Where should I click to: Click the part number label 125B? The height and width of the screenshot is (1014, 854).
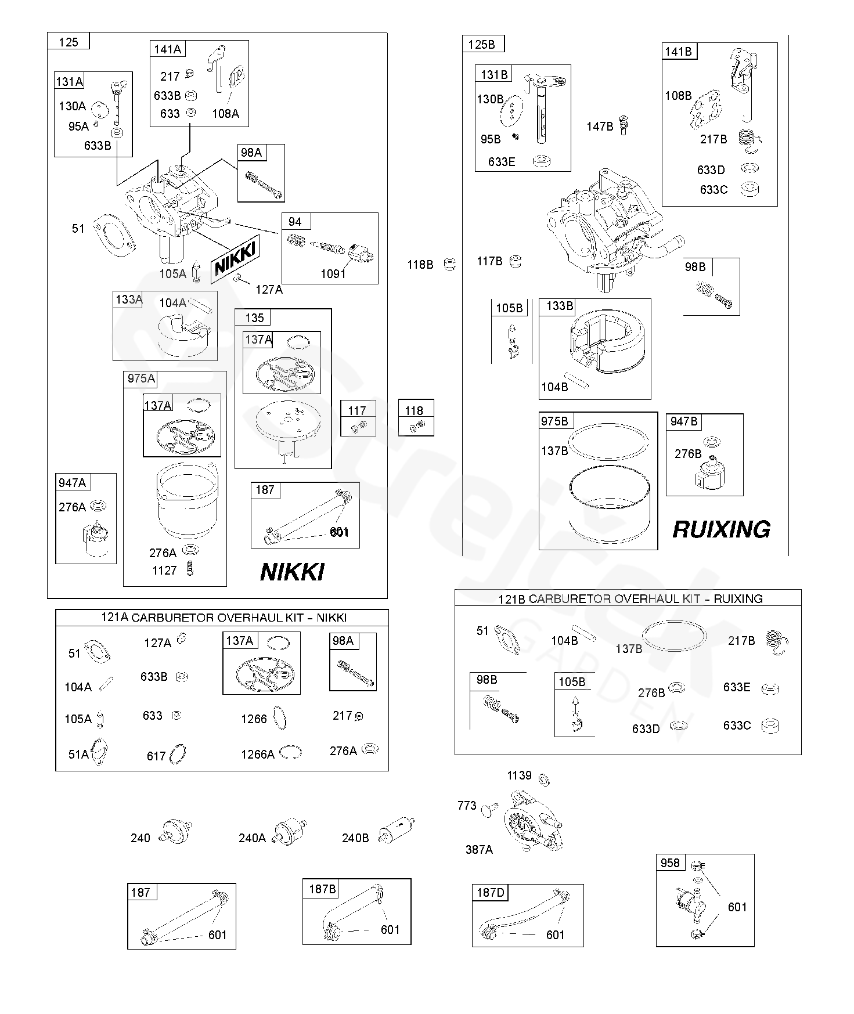pyautogui.click(x=482, y=44)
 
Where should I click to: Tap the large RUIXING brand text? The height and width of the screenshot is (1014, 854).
pyautogui.click(x=721, y=529)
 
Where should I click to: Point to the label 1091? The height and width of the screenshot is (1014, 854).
pyautogui.click(x=333, y=274)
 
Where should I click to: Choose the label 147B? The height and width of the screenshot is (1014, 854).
pyautogui.click(x=600, y=126)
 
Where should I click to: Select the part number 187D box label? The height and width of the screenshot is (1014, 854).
pyautogui.click(x=491, y=892)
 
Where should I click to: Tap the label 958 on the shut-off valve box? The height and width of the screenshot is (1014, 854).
pyautogui.click(x=670, y=863)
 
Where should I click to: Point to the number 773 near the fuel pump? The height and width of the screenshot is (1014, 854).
pyautogui.click(x=467, y=806)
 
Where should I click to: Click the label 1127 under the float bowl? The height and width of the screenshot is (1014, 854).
pyautogui.click(x=164, y=571)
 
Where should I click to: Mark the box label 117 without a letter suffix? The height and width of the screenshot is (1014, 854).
pyautogui.click(x=357, y=410)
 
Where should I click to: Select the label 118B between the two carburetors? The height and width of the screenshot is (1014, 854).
pyautogui.click(x=420, y=265)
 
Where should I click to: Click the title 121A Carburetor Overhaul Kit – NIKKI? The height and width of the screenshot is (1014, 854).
pyautogui.click(x=224, y=618)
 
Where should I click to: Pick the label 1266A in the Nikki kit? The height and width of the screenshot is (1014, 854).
pyautogui.click(x=258, y=754)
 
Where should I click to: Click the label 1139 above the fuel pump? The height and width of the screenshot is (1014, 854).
pyautogui.click(x=519, y=775)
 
